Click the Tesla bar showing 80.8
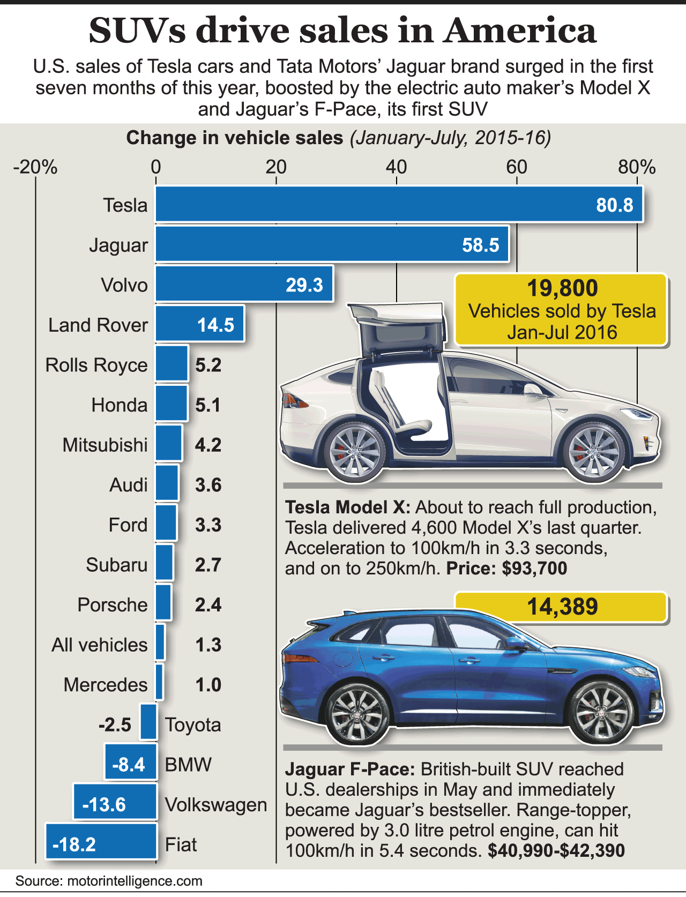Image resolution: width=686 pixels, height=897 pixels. tap(399, 204)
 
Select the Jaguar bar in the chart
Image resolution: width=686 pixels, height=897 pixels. tap(332, 244)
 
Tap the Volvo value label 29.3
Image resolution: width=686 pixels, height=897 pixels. tap(304, 285)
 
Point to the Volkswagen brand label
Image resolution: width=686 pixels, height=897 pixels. tap(216, 804)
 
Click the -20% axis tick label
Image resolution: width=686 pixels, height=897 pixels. tap(35, 167)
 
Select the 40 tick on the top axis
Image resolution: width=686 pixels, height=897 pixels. tap(396, 167)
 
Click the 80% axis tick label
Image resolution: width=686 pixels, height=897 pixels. tap(637, 167)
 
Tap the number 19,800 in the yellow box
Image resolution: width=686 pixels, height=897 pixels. tap(562, 288)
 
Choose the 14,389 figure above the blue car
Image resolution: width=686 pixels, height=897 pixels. tap(562, 607)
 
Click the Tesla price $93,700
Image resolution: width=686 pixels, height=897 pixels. tap(534, 568)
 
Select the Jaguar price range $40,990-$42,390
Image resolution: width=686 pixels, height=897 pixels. tap(556, 850)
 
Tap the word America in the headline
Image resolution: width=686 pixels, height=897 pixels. tap(520, 31)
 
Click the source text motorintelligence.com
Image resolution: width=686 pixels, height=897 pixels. tap(135, 881)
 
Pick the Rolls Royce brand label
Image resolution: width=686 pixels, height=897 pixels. tap(96, 365)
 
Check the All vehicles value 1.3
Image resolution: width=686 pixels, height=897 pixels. tap(208, 645)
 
